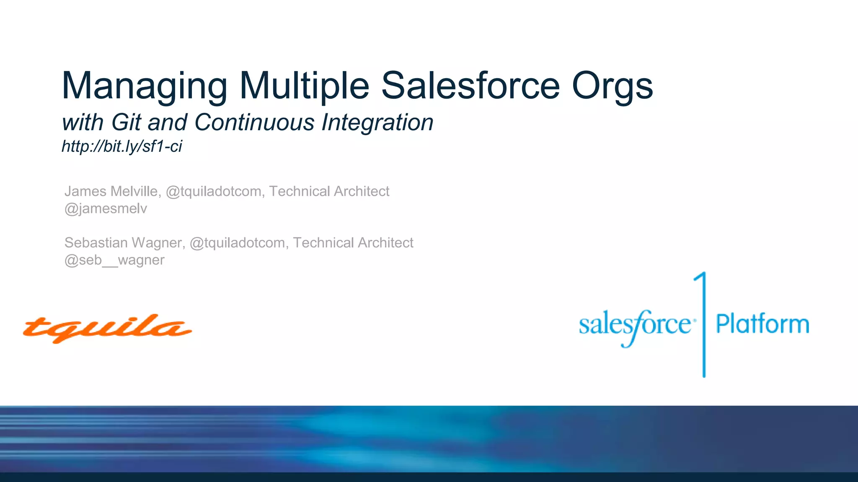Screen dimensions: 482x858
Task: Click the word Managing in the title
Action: click(x=144, y=86)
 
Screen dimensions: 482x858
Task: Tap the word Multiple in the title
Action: click(x=304, y=86)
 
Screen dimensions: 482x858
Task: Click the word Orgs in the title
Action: click(x=612, y=86)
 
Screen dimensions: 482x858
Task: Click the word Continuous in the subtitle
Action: click(x=254, y=123)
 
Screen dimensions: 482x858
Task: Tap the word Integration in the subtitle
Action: click(x=377, y=123)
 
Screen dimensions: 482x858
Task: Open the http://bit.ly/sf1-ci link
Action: click(x=122, y=146)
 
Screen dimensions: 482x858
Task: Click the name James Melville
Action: click(x=111, y=191)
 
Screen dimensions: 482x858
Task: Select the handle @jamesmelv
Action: click(x=106, y=208)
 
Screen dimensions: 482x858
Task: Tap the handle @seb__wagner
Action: click(x=114, y=260)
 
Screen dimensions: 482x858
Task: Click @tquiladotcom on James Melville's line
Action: click(x=214, y=191)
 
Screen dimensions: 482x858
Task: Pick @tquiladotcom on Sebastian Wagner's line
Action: click(x=238, y=243)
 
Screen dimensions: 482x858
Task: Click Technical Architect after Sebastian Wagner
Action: click(x=353, y=243)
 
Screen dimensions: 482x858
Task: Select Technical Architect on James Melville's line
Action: click(x=329, y=191)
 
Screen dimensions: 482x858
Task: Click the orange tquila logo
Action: click(x=107, y=328)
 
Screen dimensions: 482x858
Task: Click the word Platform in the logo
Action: click(x=762, y=324)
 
